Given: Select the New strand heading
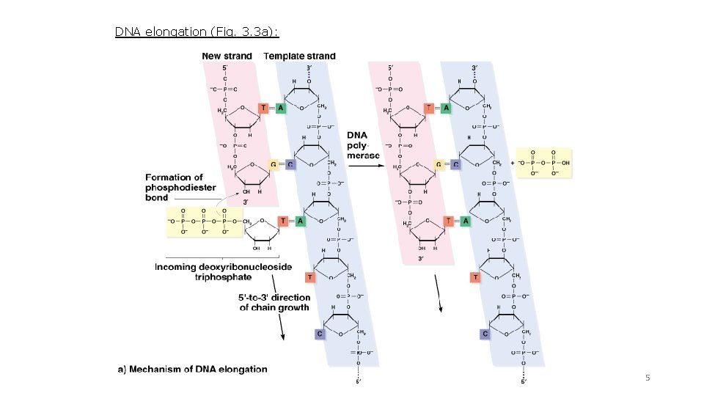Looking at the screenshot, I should (227, 56).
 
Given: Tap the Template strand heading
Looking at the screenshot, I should (299, 56).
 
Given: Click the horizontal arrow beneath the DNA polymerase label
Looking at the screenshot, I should (364, 166).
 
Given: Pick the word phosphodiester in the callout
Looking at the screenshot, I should (180, 188).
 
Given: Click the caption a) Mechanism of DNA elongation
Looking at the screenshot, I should (193, 369).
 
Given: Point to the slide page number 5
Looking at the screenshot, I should (647, 378).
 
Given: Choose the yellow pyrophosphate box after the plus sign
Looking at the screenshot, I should (543, 161).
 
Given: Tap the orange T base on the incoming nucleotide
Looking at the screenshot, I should (283, 221).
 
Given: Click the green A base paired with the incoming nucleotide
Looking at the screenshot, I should (299, 221).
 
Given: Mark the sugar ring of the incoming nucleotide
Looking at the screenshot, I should (263, 232).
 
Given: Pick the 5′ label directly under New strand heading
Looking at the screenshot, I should (225, 67).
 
